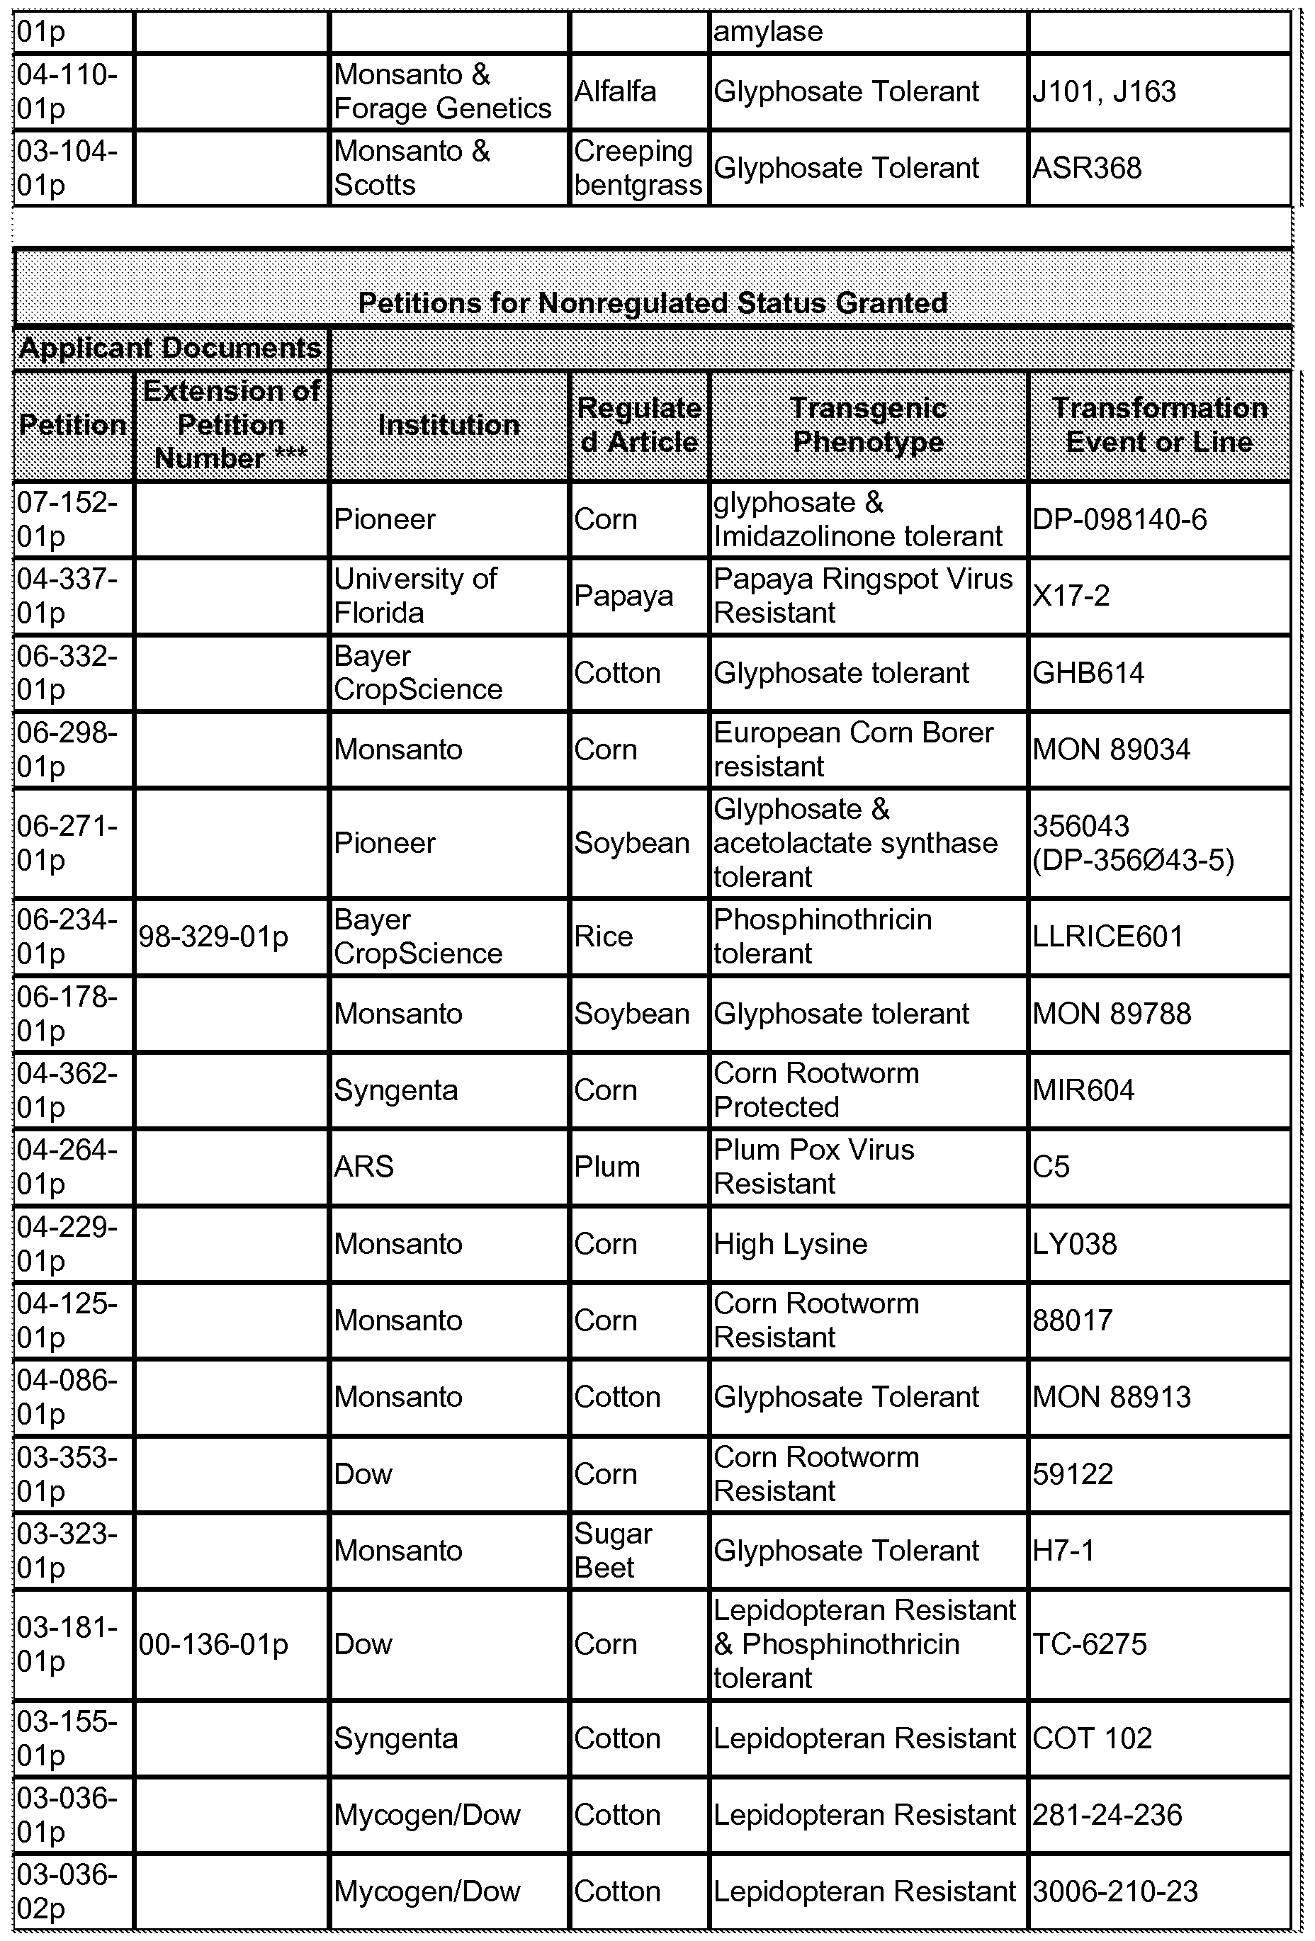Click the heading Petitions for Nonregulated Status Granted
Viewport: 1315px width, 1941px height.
(653, 302)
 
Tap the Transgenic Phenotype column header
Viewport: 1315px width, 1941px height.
(868, 425)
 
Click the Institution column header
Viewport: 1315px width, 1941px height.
(448, 425)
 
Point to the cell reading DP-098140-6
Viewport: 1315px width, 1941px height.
(1119, 519)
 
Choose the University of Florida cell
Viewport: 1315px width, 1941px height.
(415, 596)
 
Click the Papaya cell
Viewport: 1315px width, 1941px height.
(623, 596)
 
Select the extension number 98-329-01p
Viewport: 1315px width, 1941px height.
(213, 937)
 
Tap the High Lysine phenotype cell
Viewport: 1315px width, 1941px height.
(790, 1245)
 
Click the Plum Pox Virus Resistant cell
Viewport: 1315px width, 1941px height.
(814, 1167)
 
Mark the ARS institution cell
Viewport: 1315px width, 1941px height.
(363, 1167)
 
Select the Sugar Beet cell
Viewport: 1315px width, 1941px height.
(614, 1551)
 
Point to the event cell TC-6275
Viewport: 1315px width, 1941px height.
(1090, 1644)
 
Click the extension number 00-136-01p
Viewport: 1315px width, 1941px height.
(213, 1644)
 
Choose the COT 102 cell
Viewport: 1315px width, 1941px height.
(1092, 1739)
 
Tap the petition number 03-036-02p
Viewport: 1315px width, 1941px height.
(67, 1891)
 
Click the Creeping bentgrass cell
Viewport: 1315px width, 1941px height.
(638, 168)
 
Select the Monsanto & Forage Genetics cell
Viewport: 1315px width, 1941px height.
(442, 92)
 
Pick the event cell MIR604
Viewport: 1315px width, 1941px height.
(1083, 1091)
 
